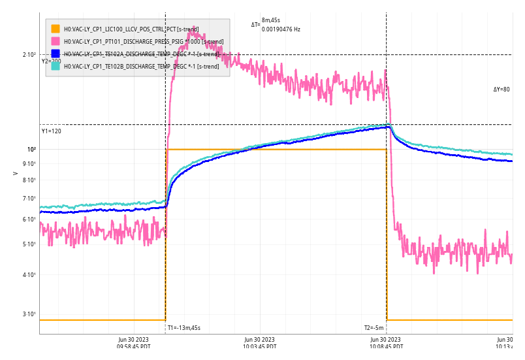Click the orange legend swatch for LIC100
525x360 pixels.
point(56,29)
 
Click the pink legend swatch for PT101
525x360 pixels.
point(56,41)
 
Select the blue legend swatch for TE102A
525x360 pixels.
point(56,54)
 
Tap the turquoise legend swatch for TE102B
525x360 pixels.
point(56,66)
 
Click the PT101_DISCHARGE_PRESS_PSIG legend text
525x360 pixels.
point(143,42)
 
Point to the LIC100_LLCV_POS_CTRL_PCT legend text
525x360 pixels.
point(131,29)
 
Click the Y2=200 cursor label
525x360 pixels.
point(51,61)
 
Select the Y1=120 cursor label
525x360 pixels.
point(51,131)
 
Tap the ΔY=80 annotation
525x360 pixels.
point(501,90)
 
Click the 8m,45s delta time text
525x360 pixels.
point(271,21)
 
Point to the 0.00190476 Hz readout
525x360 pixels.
point(281,29)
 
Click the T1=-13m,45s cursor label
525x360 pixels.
point(184,328)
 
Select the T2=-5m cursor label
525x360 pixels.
point(374,328)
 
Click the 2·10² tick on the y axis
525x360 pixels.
point(30,55)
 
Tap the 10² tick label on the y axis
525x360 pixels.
point(31,150)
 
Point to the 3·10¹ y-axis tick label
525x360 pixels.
point(30,314)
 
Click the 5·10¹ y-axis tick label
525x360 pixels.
point(30,244)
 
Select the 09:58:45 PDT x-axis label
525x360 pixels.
point(134,344)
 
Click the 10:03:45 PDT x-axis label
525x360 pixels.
point(260,344)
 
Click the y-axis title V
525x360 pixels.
point(15,174)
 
